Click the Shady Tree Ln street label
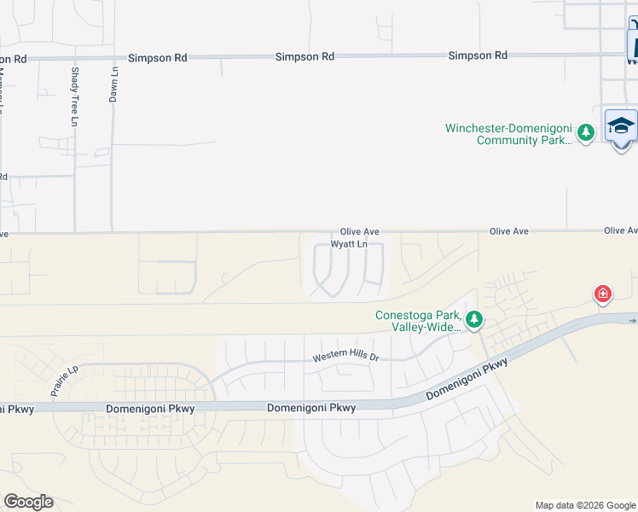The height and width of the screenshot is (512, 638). point(75,97)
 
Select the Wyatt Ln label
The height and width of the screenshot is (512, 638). point(349,244)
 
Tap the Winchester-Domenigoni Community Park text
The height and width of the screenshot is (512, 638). point(509,134)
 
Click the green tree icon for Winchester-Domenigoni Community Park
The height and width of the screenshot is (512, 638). point(585,132)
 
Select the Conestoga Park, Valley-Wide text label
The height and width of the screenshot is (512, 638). point(418,320)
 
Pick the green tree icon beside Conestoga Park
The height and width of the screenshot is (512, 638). point(474,321)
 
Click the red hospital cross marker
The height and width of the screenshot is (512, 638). point(603,294)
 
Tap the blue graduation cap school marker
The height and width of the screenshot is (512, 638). point(621,126)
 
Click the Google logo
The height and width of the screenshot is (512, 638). point(28,502)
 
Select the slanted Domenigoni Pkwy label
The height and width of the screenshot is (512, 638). point(467,380)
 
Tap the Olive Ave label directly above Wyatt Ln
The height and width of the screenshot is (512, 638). point(359,231)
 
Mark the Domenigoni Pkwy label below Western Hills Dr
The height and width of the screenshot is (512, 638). point(311,408)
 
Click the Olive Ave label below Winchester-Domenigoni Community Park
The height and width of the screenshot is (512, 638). point(509,231)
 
